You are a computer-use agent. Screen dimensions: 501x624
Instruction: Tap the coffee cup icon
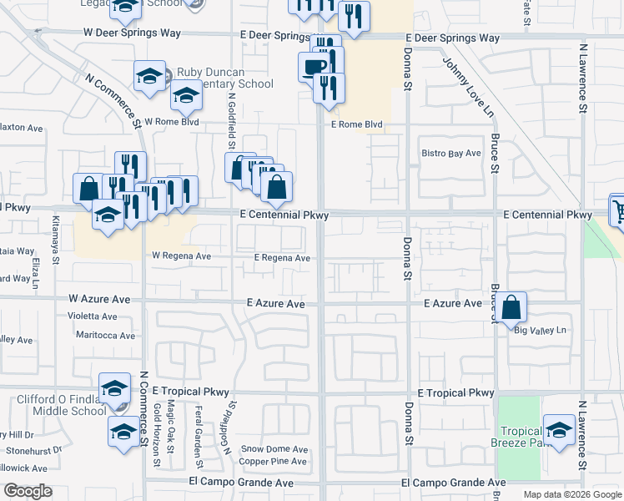314,66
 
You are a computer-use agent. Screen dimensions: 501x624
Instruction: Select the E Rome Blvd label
356,124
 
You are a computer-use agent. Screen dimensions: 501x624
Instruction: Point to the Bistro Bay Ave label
451,154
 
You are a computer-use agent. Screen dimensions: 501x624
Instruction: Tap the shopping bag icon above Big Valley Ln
512,306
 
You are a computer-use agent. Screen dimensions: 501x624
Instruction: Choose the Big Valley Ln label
540,331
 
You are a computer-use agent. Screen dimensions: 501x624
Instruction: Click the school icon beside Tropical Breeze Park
560,429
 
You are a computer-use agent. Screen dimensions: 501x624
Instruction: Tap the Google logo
28,491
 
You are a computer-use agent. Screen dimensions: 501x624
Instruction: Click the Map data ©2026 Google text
571,494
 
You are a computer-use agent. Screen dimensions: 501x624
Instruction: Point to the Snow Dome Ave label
274,448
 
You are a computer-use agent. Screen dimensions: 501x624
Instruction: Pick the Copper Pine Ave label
274,461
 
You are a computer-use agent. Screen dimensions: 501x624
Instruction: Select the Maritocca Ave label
105,336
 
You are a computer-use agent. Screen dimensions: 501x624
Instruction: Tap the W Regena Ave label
181,256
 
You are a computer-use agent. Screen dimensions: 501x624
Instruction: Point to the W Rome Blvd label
172,121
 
